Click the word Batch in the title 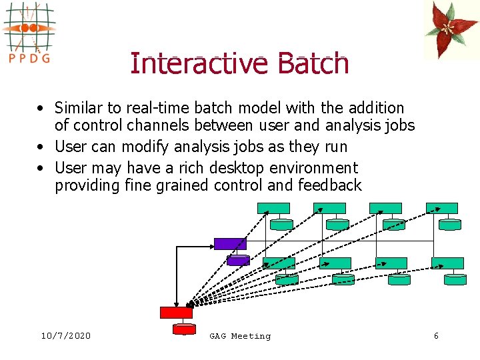tap(313, 64)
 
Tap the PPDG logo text tap(29, 57)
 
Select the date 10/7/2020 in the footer tap(65, 336)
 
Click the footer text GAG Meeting tap(240, 336)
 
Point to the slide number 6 tap(436, 336)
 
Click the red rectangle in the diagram tap(176, 312)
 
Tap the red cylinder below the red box tap(184, 329)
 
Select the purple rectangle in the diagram tap(230, 243)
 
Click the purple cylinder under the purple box tap(238, 260)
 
